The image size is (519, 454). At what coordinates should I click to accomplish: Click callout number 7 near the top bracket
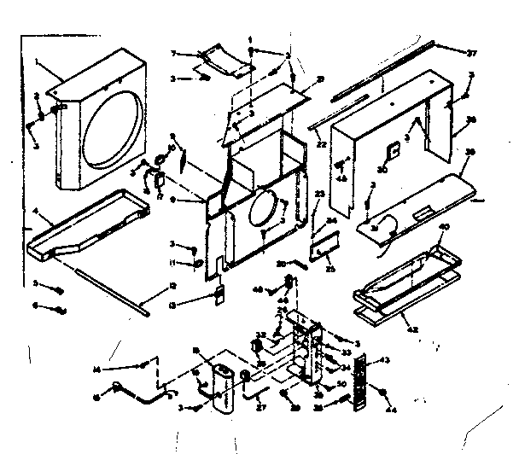[173, 54]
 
